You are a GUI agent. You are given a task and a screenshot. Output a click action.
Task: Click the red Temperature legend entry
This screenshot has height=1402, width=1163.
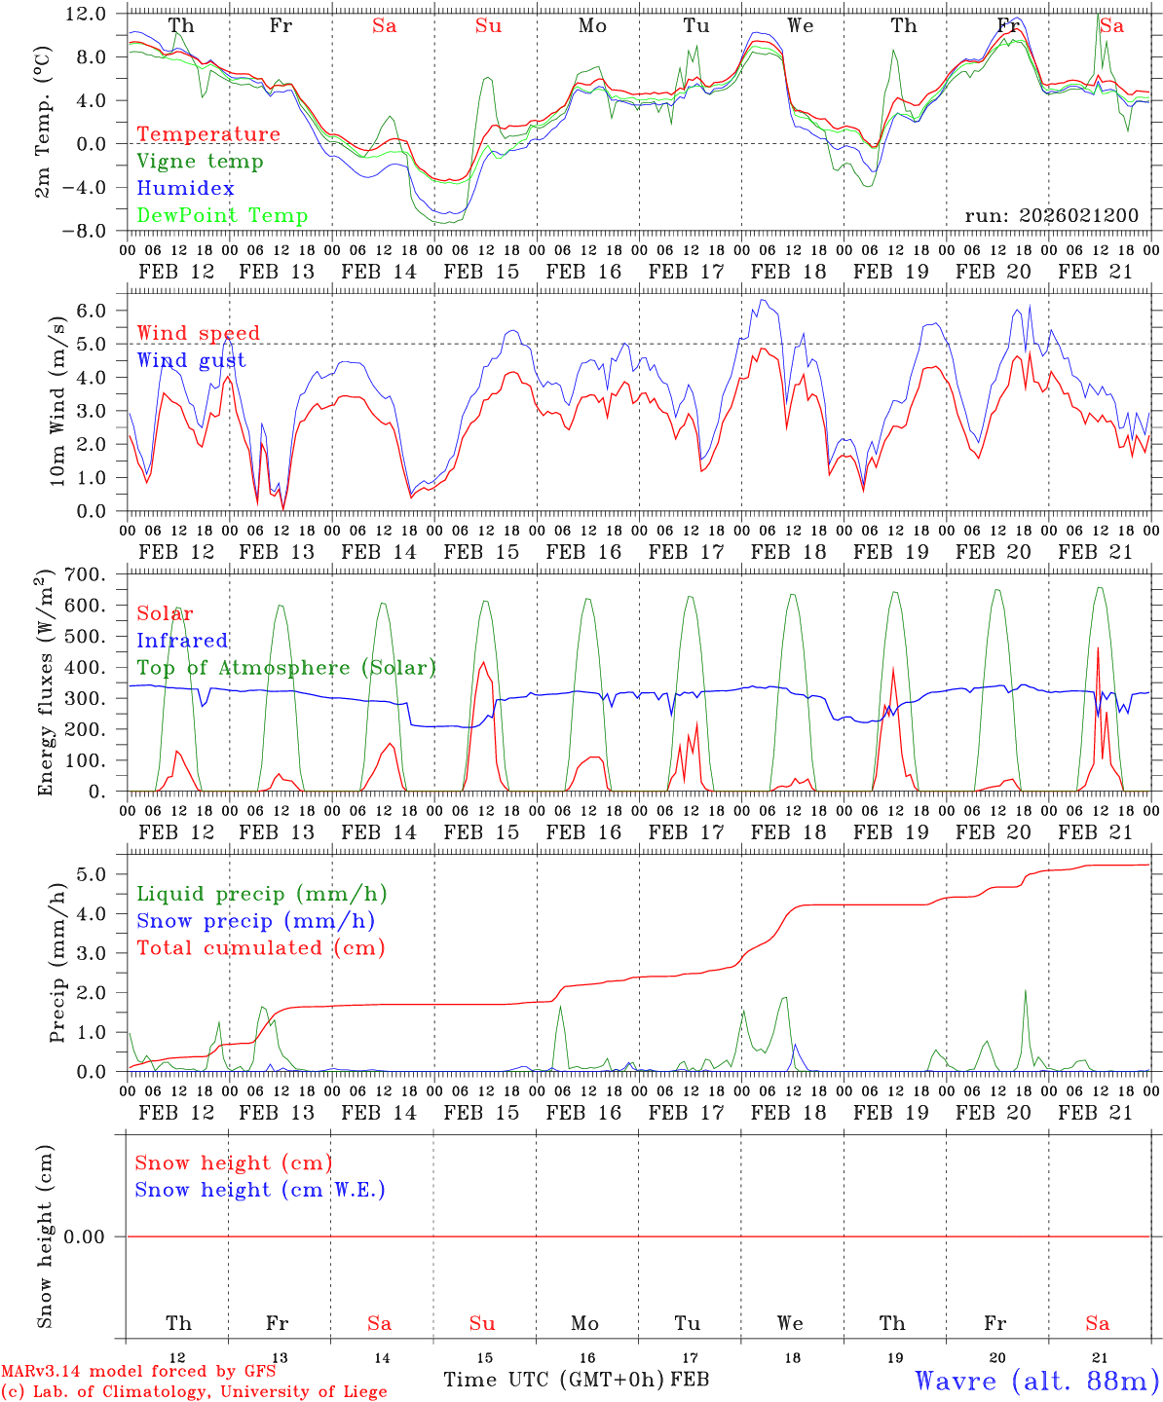tap(207, 134)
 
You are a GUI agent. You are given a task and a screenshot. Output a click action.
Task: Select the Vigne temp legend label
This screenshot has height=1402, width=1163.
tap(200, 162)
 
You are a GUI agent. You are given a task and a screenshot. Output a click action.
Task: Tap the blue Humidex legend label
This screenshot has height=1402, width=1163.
tap(185, 189)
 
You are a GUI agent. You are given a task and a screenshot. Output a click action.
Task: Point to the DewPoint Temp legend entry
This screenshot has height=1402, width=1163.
tap(222, 216)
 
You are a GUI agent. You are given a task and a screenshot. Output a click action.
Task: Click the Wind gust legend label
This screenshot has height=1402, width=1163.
tap(191, 360)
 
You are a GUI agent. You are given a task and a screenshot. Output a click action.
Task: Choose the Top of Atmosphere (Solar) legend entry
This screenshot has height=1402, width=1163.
tap(286, 668)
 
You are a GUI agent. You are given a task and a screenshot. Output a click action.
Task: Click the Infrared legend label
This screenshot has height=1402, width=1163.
tap(182, 641)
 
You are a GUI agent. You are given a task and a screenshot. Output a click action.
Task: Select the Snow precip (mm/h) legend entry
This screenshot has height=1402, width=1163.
tap(255, 921)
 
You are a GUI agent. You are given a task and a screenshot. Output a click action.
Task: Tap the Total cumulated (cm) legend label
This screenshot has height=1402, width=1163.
tap(260, 948)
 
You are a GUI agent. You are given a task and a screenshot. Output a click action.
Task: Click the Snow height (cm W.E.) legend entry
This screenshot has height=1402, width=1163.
tap(260, 1190)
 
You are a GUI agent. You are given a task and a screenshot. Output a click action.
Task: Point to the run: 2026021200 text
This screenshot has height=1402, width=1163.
tap(1051, 215)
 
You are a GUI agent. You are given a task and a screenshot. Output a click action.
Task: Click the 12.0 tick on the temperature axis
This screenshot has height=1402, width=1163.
tap(87, 14)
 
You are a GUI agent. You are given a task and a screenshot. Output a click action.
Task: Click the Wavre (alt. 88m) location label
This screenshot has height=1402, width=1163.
tap(1036, 1381)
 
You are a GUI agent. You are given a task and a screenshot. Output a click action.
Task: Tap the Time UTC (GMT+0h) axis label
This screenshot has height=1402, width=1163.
tap(554, 1380)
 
